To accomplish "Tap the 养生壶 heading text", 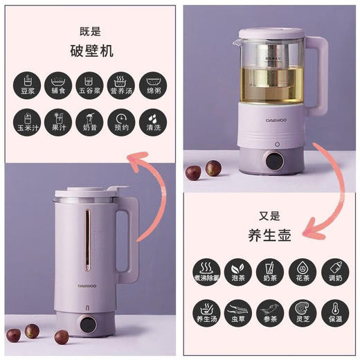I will tap(270, 235).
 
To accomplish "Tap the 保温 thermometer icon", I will tap(334, 312).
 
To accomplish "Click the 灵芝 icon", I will tap(301, 312).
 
